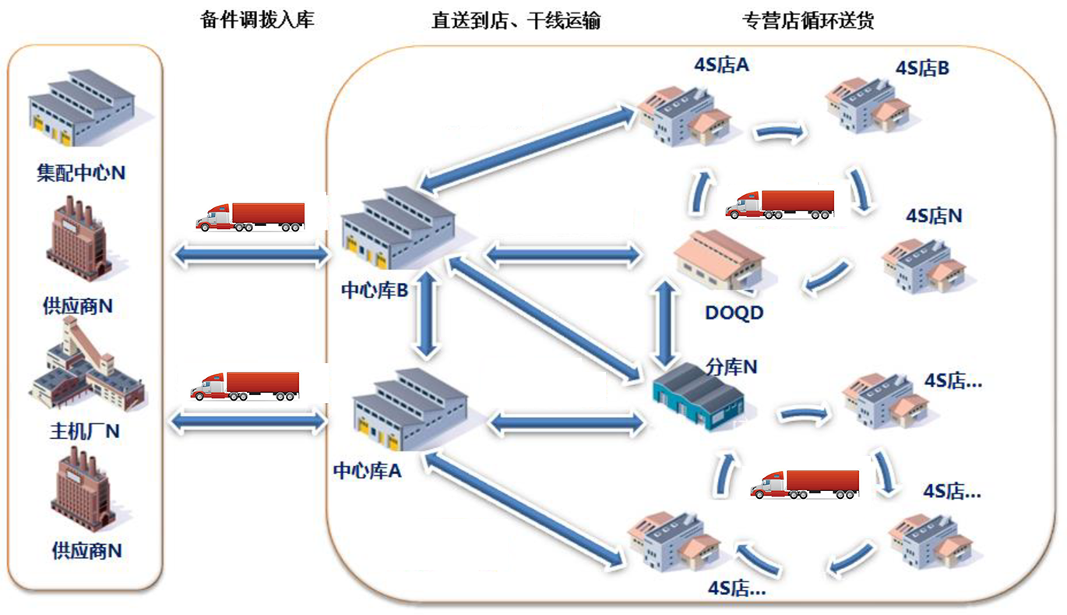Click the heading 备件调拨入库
point(257,20)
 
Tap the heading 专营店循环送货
point(808,20)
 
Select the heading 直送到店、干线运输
point(516,20)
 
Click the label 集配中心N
point(81,172)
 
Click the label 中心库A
point(368,471)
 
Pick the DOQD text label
point(734,313)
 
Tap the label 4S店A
point(721,64)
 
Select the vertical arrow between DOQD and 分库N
point(664,323)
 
